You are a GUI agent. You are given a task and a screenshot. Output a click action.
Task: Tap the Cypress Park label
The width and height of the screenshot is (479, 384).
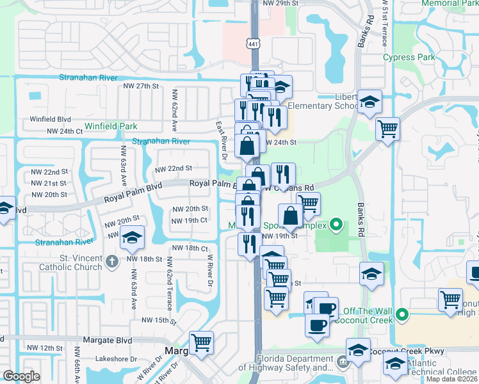(x=409, y=57)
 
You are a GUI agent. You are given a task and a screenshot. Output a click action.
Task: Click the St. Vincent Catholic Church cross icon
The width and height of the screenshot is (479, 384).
(x=111, y=260)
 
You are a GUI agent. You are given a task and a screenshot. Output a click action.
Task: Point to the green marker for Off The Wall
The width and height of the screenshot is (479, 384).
(x=402, y=314)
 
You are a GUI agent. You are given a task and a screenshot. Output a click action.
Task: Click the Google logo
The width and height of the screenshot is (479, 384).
(x=21, y=376)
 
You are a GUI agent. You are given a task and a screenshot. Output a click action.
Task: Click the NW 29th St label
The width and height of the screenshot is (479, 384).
(x=281, y=3)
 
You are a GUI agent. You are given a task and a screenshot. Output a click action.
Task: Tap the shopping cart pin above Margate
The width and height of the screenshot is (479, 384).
(x=202, y=343)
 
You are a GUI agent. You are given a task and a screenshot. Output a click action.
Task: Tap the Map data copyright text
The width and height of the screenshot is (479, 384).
(x=452, y=379)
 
